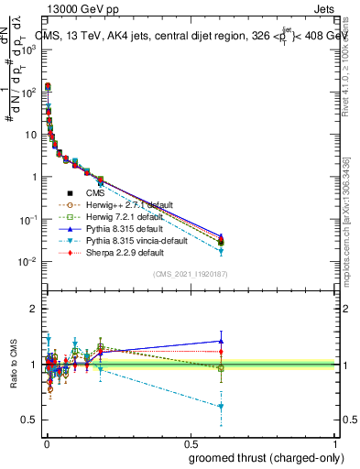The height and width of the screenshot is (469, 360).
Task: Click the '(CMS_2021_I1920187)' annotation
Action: tap(191, 274)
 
